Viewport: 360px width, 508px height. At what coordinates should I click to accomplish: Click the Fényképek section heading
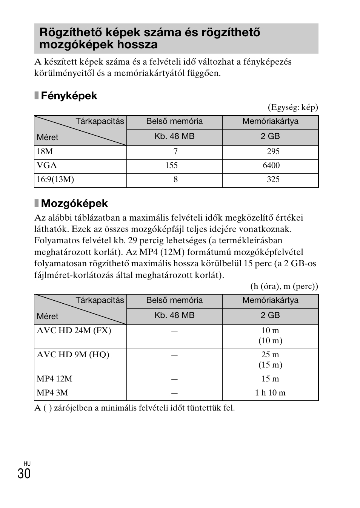(x=69, y=96)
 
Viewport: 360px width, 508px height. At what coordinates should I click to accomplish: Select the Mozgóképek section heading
(x=74, y=204)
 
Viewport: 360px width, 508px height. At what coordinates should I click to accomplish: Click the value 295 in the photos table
(x=273, y=151)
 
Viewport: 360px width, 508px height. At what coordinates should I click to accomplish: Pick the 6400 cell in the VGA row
(x=271, y=165)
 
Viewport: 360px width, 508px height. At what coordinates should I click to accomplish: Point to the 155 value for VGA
(x=171, y=165)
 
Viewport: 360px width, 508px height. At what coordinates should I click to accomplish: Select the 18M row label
(x=45, y=151)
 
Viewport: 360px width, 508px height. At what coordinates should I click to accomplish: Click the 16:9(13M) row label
(x=55, y=179)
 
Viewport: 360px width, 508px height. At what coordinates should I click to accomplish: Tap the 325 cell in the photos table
(x=273, y=179)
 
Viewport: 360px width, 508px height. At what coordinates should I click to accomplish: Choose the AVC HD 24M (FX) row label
(x=74, y=330)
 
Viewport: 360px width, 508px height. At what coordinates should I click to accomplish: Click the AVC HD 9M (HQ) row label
(x=73, y=355)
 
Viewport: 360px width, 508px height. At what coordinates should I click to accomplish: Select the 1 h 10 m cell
(x=270, y=393)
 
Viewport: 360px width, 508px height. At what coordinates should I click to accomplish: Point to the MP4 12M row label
(x=54, y=379)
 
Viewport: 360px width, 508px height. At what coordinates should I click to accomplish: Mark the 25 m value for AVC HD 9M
(x=270, y=355)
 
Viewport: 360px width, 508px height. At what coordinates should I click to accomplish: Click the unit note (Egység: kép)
(x=293, y=107)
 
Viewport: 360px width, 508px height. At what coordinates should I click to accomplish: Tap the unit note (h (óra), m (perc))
(x=284, y=286)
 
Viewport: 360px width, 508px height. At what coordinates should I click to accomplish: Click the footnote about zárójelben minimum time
(x=134, y=408)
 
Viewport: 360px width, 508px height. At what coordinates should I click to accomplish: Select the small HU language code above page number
(x=27, y=463)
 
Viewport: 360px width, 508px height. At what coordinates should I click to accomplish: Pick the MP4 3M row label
(x=52, y=393)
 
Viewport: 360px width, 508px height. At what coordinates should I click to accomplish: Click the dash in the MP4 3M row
(x=174, y=393)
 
